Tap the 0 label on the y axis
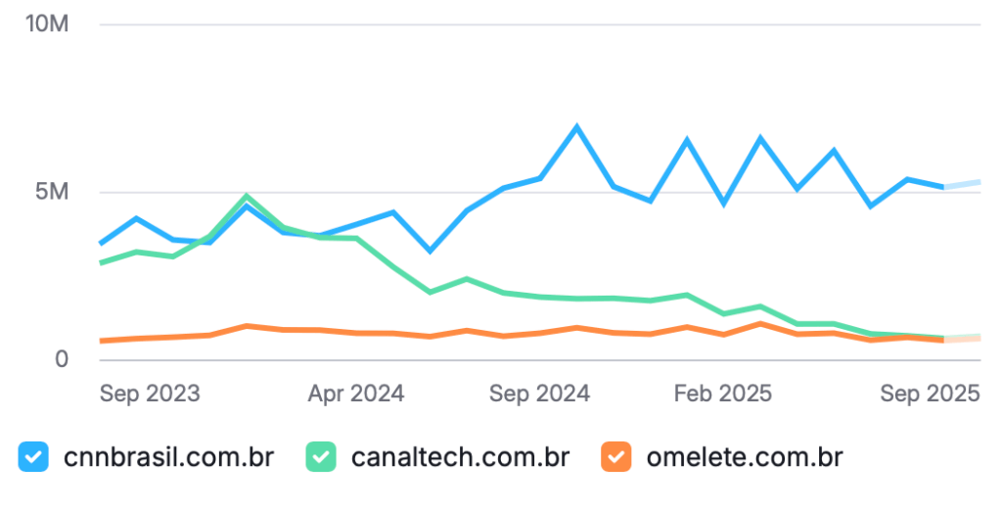click(x=61, y=359)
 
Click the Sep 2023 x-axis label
click(x=150, y=394)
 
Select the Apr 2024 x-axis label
click(x=356, y=394)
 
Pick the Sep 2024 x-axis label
click(x=540, y=394)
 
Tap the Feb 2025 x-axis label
click(x=723, y=394)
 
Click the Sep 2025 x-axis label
click(x=930, y=394)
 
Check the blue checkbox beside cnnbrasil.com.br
click(x=34, y=456)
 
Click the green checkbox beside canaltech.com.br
click(x=322, y=456)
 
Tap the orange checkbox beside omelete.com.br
click(x=615, y=456)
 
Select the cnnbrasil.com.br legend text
click(x=167, y=456)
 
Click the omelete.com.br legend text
click(x=744, y=456)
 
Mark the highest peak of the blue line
click(x=577, y=126)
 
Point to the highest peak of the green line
click(x=247, y=196)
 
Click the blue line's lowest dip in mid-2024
click(x=430, y=251)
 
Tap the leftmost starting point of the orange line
click(x=101, y=341)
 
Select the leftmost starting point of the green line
click(x=101, y=262)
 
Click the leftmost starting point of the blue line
click(x=101, y=243)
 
